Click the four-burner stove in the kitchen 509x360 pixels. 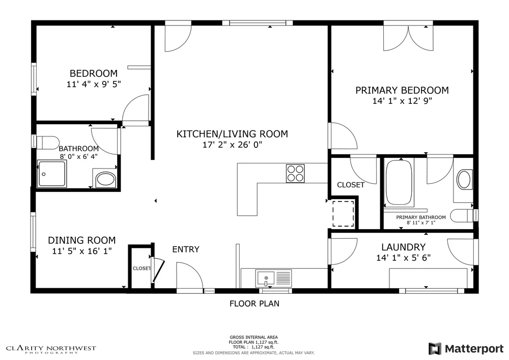click(295, 173)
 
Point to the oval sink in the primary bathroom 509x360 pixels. click(464, 180)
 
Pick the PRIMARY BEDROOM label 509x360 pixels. click(402, 90)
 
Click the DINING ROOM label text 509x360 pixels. click(81, 240)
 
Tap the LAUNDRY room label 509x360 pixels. click(403, 247)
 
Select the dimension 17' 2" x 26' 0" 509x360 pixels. click(232, 145)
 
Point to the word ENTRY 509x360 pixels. click(186, 250)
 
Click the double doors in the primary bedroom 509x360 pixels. click(408, 37)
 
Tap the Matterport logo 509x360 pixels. click(466, 349)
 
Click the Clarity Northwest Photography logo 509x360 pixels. click(51, 349)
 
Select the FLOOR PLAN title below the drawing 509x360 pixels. click(254, 304)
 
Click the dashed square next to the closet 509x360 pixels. click(343, 213)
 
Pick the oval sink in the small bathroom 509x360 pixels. click(105, 179)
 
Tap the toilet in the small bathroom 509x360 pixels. click(47, 141)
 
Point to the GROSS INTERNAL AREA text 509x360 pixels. click(253, 337)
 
